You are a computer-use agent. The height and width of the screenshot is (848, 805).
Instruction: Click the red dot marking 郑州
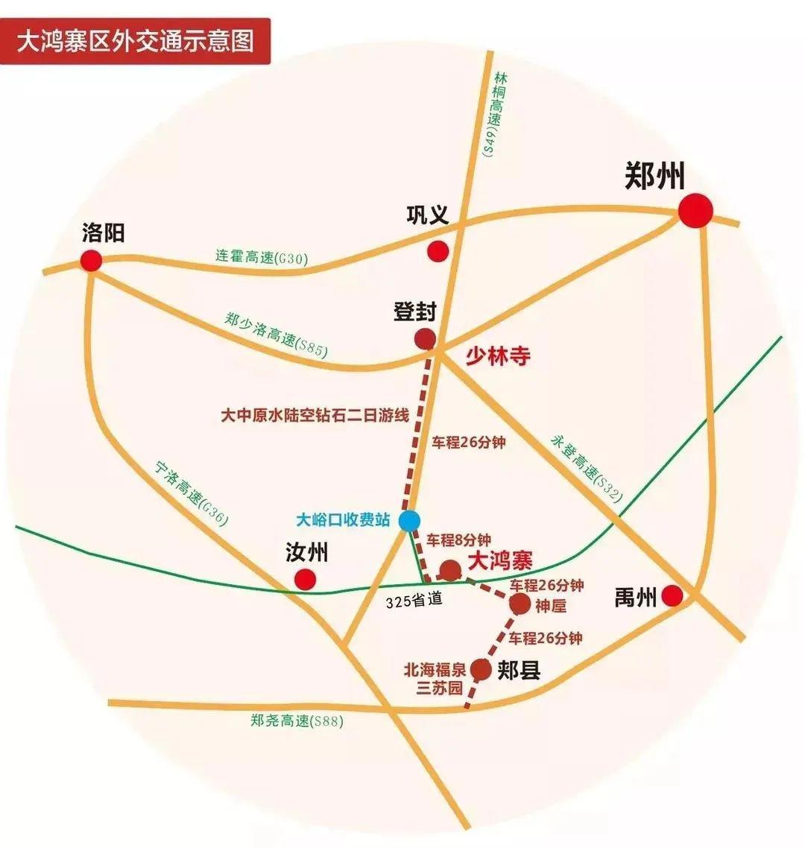[695, 212]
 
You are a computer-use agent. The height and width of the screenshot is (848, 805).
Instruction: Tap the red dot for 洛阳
[91, 261]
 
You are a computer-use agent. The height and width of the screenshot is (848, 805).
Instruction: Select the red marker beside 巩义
[438, 251]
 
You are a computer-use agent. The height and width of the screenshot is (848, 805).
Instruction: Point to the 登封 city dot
[425, 339]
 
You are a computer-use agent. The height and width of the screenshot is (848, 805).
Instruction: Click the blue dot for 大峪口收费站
[408, 520]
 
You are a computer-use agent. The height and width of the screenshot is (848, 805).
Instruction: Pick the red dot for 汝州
[305, 579]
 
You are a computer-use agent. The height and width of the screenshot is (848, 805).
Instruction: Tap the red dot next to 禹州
[672, 595]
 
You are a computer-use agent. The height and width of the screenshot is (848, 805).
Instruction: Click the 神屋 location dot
[520, 604]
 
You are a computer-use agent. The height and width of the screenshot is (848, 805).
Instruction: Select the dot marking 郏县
[481, 669]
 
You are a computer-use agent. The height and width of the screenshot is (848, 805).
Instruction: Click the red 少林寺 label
[498, 356]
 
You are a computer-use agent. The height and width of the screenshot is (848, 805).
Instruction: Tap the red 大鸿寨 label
[499, 560]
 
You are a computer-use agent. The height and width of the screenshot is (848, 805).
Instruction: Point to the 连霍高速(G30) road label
[262, 257]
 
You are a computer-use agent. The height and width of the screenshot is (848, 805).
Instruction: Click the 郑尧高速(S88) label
[297, 721]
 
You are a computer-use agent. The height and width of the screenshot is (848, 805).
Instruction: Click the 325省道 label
[414, 600]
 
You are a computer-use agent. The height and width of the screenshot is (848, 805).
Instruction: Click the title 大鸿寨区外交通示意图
[135, 39]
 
